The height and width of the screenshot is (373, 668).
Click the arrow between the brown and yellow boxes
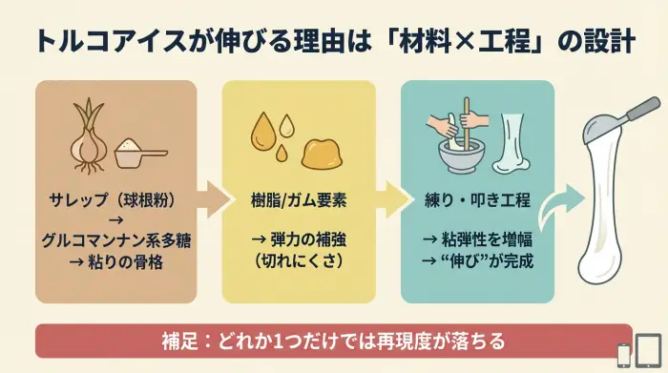[218, 200]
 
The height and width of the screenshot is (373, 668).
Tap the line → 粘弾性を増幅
[476, 238]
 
